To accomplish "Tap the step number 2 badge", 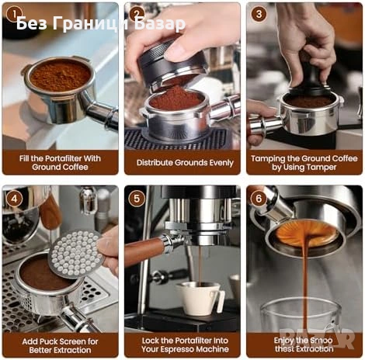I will tap(137, 13).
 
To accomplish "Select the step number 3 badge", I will tap(259, 14).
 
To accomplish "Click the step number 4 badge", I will tap(12, 198).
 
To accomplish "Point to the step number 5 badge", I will tap(137, 198).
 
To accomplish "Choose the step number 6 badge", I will tap(259, 198).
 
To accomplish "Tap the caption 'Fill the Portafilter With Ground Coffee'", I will tap(60, 163).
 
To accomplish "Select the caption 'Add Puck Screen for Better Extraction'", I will tap(60, 345).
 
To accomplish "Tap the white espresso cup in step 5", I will tap(197, 297).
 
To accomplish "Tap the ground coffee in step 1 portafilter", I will tap(60, 75).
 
